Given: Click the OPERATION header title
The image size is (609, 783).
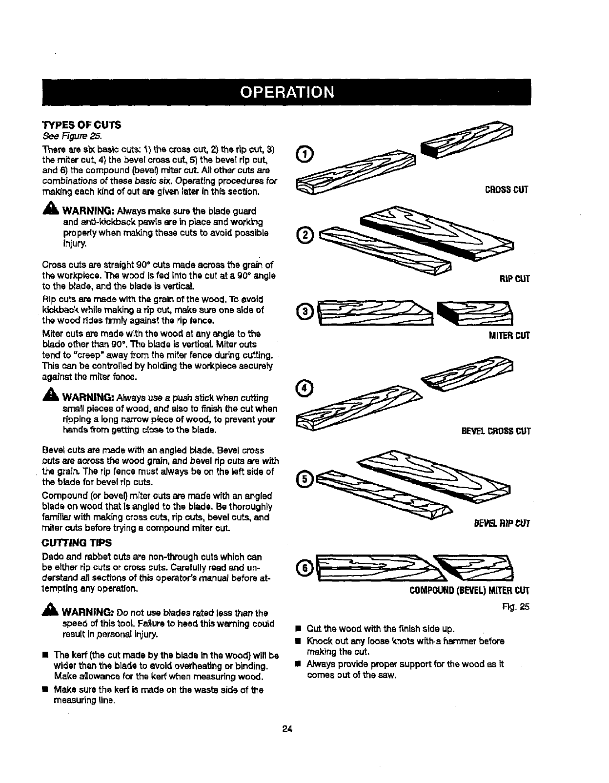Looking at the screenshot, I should pos(286,92).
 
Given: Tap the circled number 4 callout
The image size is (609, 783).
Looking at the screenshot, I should pos(305,388).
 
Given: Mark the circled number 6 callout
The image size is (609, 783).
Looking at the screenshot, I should pos(305,568).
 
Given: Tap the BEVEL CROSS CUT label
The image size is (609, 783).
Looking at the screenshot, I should pos(495,431).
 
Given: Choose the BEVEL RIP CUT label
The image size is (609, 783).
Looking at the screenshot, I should pos(501,524).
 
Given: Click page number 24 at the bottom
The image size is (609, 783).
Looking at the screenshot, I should pos(286,729).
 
